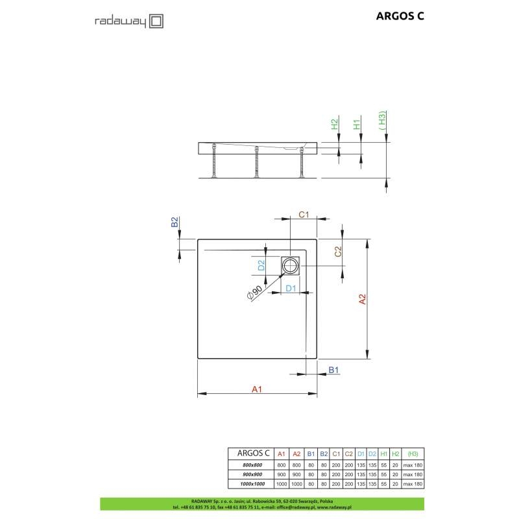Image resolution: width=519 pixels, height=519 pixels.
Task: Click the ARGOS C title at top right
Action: pos(400,18)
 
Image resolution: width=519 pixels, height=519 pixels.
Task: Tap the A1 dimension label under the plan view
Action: pos(257,389)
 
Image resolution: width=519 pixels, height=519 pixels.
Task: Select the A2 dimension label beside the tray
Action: pos(381,299)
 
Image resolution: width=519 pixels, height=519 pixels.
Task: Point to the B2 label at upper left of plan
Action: pos(174,223)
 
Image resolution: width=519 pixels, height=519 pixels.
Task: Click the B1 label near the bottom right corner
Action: pos(334,370)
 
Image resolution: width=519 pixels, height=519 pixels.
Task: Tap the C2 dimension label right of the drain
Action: pos(338,252)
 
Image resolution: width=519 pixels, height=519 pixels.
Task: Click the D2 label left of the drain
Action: pos(261,265)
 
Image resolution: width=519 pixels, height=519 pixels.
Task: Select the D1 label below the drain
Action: pos(292,287)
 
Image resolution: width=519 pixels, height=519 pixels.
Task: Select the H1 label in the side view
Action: pos(357,124)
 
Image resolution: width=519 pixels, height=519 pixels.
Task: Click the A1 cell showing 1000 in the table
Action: pos(281,485)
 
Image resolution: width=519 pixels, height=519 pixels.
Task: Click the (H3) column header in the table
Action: pos(413,454)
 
